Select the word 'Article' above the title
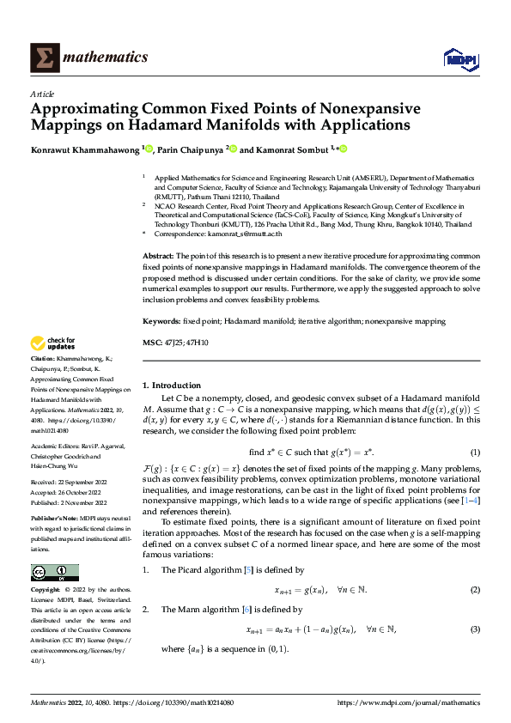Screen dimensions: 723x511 [42, 94]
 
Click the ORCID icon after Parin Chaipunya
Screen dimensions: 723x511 [232, 149]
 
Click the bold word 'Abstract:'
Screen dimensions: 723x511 [158, 256]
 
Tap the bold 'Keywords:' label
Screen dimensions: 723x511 [161, 320]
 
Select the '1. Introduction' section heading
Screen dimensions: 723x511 [172, 386]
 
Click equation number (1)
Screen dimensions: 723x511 [474, 452]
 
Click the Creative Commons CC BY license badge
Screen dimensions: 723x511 [54, 573]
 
